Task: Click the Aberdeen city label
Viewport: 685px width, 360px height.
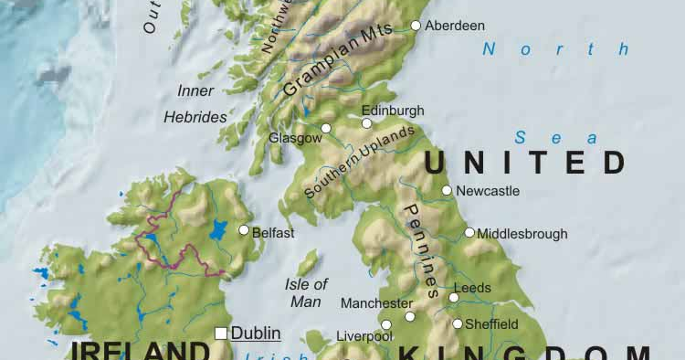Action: pyautogui.click(x=455, y=26)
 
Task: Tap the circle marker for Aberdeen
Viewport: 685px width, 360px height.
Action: pyautogui.click(x=416, y=26)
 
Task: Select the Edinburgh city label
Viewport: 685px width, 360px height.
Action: pyautogui.click(x=393, y=110)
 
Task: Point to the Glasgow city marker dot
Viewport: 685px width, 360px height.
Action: pyautogui.click(x=326, y=128)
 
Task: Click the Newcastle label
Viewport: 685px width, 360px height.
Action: pyautogui.click(x=488, y=191)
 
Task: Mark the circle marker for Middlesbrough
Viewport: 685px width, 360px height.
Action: pyautogui.click(x=469, y=233)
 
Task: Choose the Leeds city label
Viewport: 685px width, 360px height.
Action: pyautogui.click(x=472, y=288)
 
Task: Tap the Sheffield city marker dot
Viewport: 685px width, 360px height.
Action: pyautogui.click(x=458, y=323)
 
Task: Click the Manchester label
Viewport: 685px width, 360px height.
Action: pyautogui.click(x=376, y=302)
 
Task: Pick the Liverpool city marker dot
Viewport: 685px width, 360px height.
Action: pyautogui.click(x=386, y=324)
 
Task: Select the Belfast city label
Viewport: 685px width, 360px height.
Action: pyautogui.click(x=273, y=233)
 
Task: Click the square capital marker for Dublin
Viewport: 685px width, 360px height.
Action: pyautogui.click(x=220, y=334)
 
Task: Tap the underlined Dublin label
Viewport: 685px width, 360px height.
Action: pyautogui.click(x=256, y=334)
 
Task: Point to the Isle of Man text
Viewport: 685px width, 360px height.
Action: pyautogui.click(x=306, y=291)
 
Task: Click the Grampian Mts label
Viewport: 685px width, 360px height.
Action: pyautogui.click(x=337, y=59)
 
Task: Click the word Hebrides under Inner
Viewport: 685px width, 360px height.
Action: pyautogui.click(x=195, y=117)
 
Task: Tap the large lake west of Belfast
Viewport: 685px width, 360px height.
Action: pyautogui.click(x=218, y=230)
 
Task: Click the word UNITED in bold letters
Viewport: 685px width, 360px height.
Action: pyautogui.click(x=526, y=163)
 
